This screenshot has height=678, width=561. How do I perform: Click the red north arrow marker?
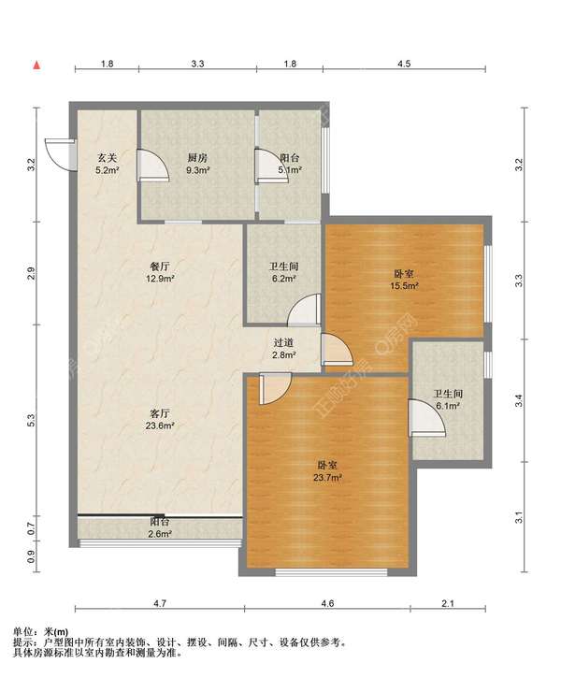(x=37, y=65)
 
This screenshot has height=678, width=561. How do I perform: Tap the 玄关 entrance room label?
(x=107, y=158)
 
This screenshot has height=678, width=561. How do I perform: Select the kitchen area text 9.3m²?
(x=198, y=170)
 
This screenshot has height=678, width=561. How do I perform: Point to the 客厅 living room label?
(x=160, y=413)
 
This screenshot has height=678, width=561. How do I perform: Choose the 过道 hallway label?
(x=284, y=343)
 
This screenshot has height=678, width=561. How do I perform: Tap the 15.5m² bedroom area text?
(x=405, y=286)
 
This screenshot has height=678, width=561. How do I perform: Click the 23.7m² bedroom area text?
(x=328, y=478)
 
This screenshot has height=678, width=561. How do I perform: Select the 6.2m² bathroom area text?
(x=284, y=279)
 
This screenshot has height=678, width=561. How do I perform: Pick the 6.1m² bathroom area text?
(x=448, y=406)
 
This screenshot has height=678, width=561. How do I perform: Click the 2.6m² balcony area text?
(x=160, y=534)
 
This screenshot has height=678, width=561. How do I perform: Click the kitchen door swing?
(x=153, y=165)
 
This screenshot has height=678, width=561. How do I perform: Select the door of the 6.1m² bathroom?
(x=426, y=418)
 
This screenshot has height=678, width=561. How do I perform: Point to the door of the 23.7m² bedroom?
(x=275, y=389)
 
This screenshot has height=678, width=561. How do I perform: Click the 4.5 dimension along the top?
(x=404, y=64)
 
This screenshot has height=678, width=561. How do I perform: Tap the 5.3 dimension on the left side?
(x=31, y=420)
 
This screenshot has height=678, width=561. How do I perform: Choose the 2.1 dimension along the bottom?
(x=448, y=603)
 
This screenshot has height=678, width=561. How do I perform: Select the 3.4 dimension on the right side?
(x=519, y=400)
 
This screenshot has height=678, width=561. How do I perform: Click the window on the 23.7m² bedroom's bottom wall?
(x=332, y=572)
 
